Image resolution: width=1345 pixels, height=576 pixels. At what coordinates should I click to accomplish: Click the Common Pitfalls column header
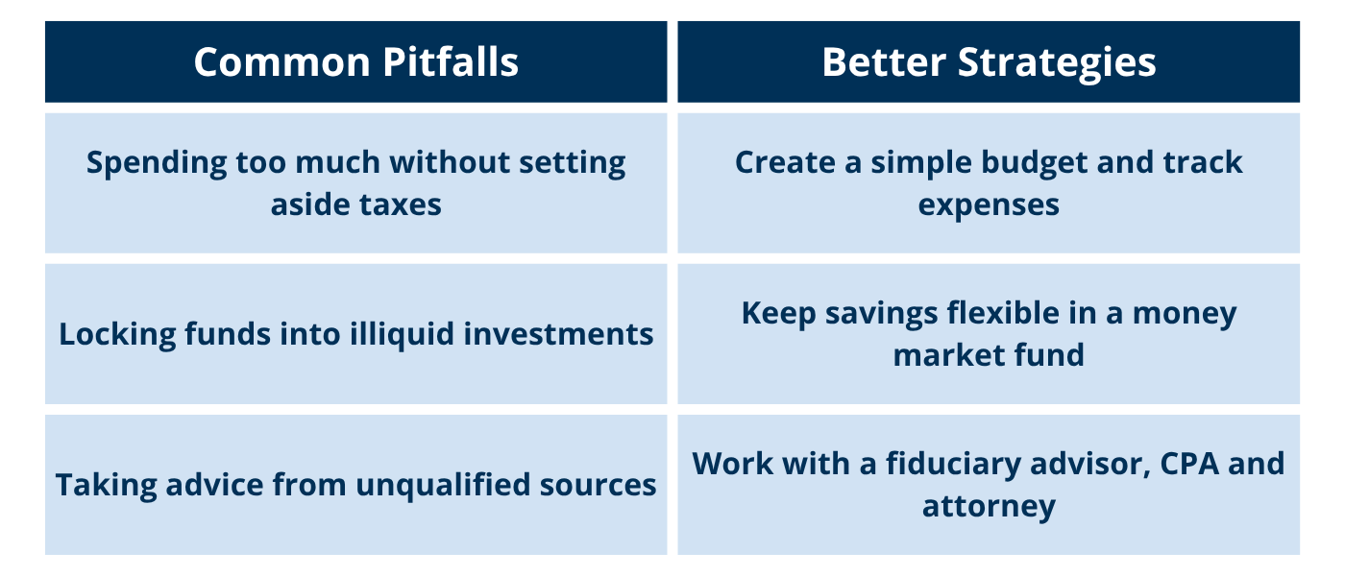355,62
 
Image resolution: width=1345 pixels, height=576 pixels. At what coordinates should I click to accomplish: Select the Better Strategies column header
989,62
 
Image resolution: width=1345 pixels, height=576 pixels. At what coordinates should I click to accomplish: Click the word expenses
989,204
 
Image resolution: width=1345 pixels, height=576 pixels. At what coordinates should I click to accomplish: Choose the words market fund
989,355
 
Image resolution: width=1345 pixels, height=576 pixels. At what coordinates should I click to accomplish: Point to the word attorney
989,506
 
